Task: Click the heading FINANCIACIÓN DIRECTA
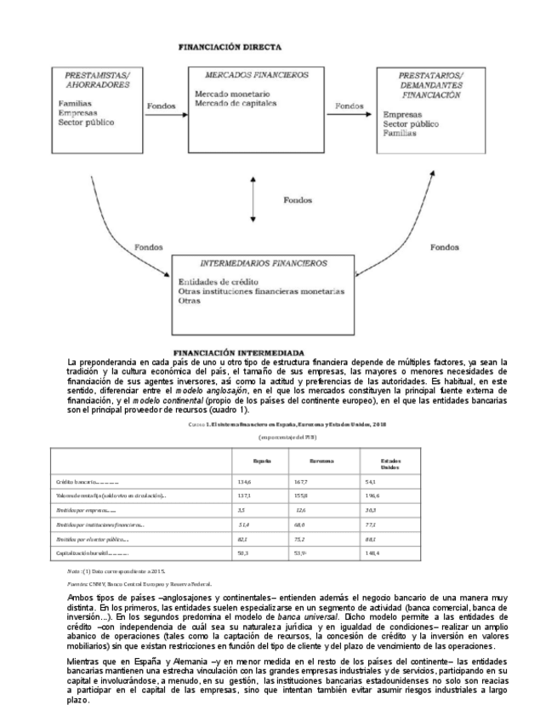230,49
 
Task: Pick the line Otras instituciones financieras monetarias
261,291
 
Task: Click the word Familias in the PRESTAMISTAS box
75,104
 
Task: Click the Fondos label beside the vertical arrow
298,201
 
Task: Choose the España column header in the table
262,461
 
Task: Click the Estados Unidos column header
391,463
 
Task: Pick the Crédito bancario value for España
245,481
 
